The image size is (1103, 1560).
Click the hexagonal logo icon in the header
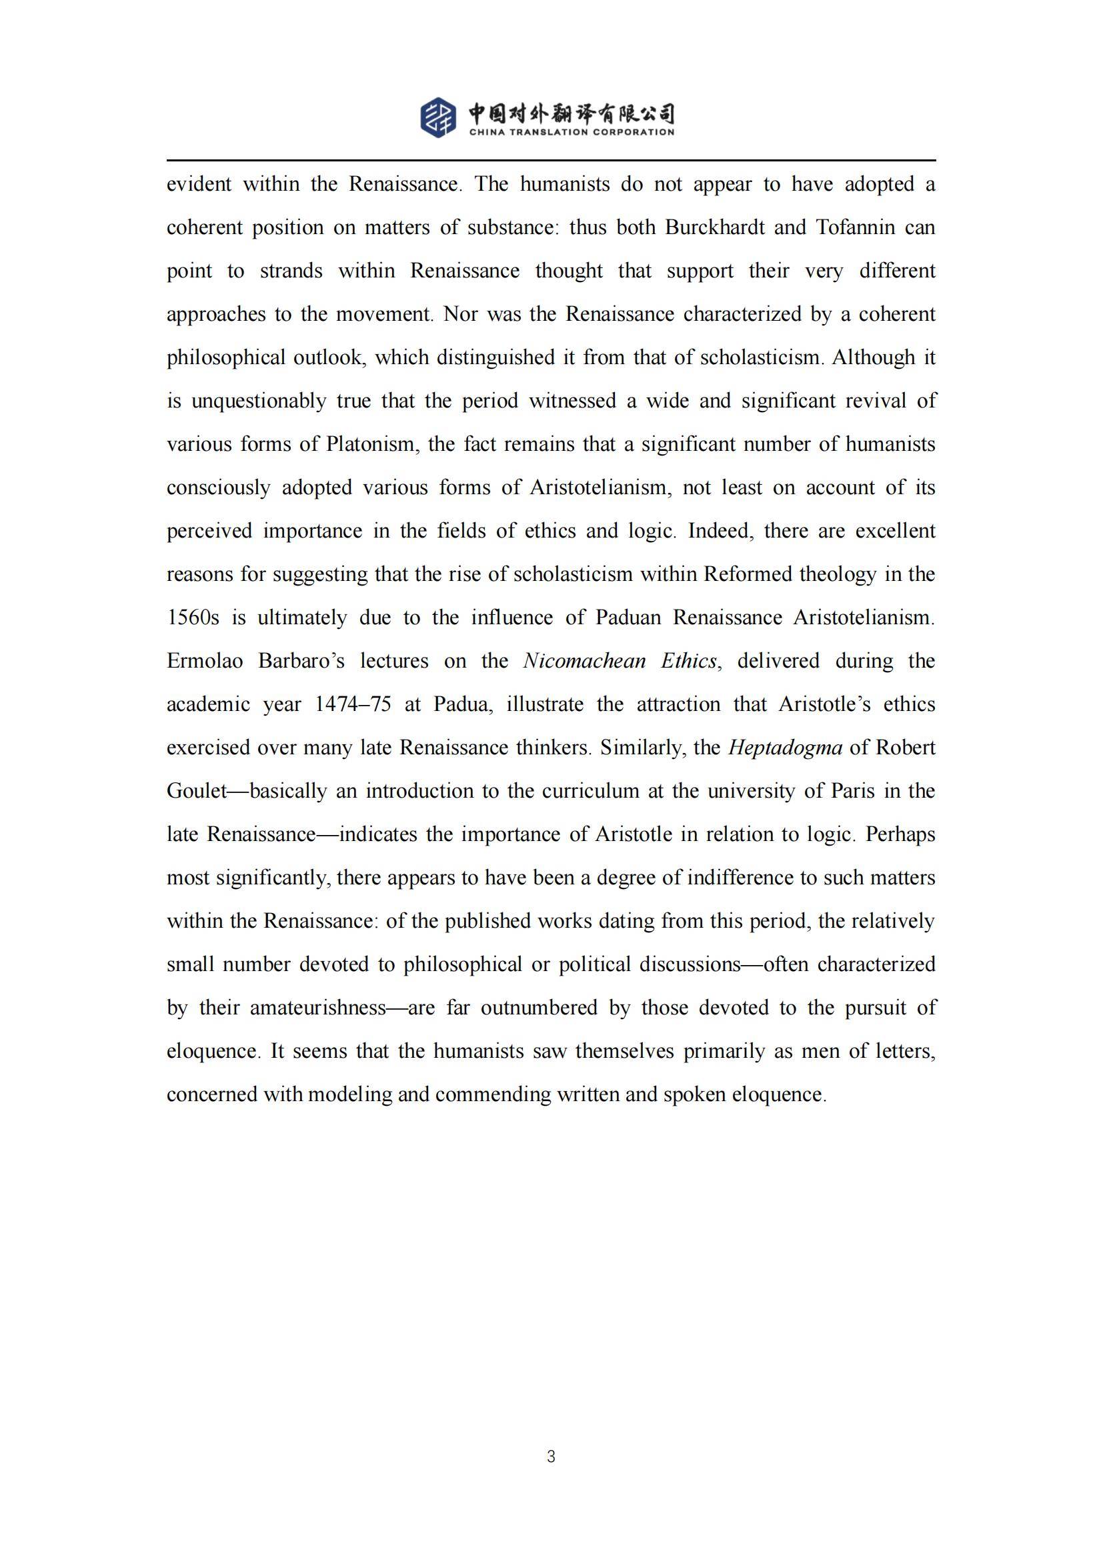tap(438, 117)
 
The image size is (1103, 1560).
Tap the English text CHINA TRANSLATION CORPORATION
tap(572, 132)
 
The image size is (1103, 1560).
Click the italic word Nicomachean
tap(584, 661)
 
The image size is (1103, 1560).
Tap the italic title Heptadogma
tap(785, 748)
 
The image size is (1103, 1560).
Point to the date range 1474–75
tap(353, 704)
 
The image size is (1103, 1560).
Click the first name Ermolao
tap(205, 661)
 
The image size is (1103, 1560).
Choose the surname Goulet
tap(196, 792)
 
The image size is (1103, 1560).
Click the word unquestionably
tap(258, 401)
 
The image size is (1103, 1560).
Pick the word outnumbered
tap(539, 1008)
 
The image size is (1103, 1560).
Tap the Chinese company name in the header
tap(572, 113)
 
